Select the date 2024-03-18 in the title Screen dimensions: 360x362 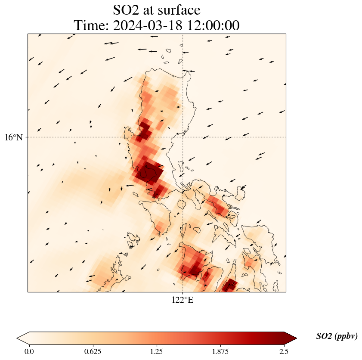coord(146,25)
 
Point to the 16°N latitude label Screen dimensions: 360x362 coord(14,137)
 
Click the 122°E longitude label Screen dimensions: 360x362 coord(183,300)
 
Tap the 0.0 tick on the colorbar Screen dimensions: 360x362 coord(29,351)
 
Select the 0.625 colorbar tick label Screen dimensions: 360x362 coord(93,351)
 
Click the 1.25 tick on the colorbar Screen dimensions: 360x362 coord(157,351)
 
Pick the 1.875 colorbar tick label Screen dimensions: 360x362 coord(220,351)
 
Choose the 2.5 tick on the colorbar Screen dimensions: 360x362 coord(284,351)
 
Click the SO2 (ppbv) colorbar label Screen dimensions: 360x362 coord(337,336)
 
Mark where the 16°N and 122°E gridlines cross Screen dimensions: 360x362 coord(183,137)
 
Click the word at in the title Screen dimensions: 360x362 coord(151,9)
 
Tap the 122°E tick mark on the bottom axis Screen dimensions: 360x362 coord(183,293)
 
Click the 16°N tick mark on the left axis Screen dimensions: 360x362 coord(27,137)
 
